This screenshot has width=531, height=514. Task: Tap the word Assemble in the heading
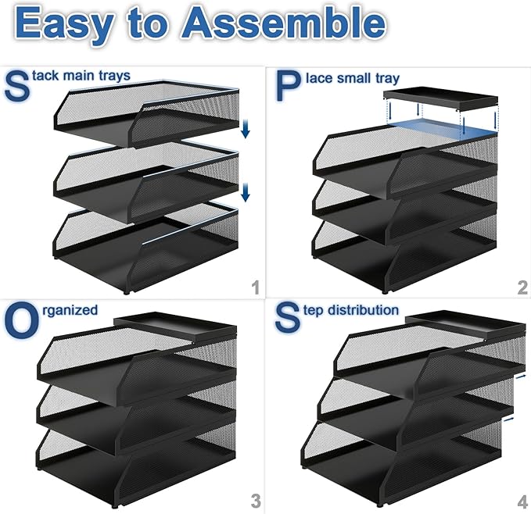pyautogui.click(x=282, y=23)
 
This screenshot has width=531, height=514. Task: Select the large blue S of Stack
pyautogui.click(x=17, y=85)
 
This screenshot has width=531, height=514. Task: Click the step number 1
pyautogui.click(x=254, y=288)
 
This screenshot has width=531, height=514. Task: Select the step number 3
pyautogui.click(x=254, y=499)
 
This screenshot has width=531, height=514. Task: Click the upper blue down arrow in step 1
pyautogui.click(x=245, y=128)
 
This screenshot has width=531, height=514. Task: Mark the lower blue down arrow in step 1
pyautogui.click(x=245, y=191)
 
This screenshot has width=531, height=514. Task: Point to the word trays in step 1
pyautogui.click(x=114, y=76)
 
